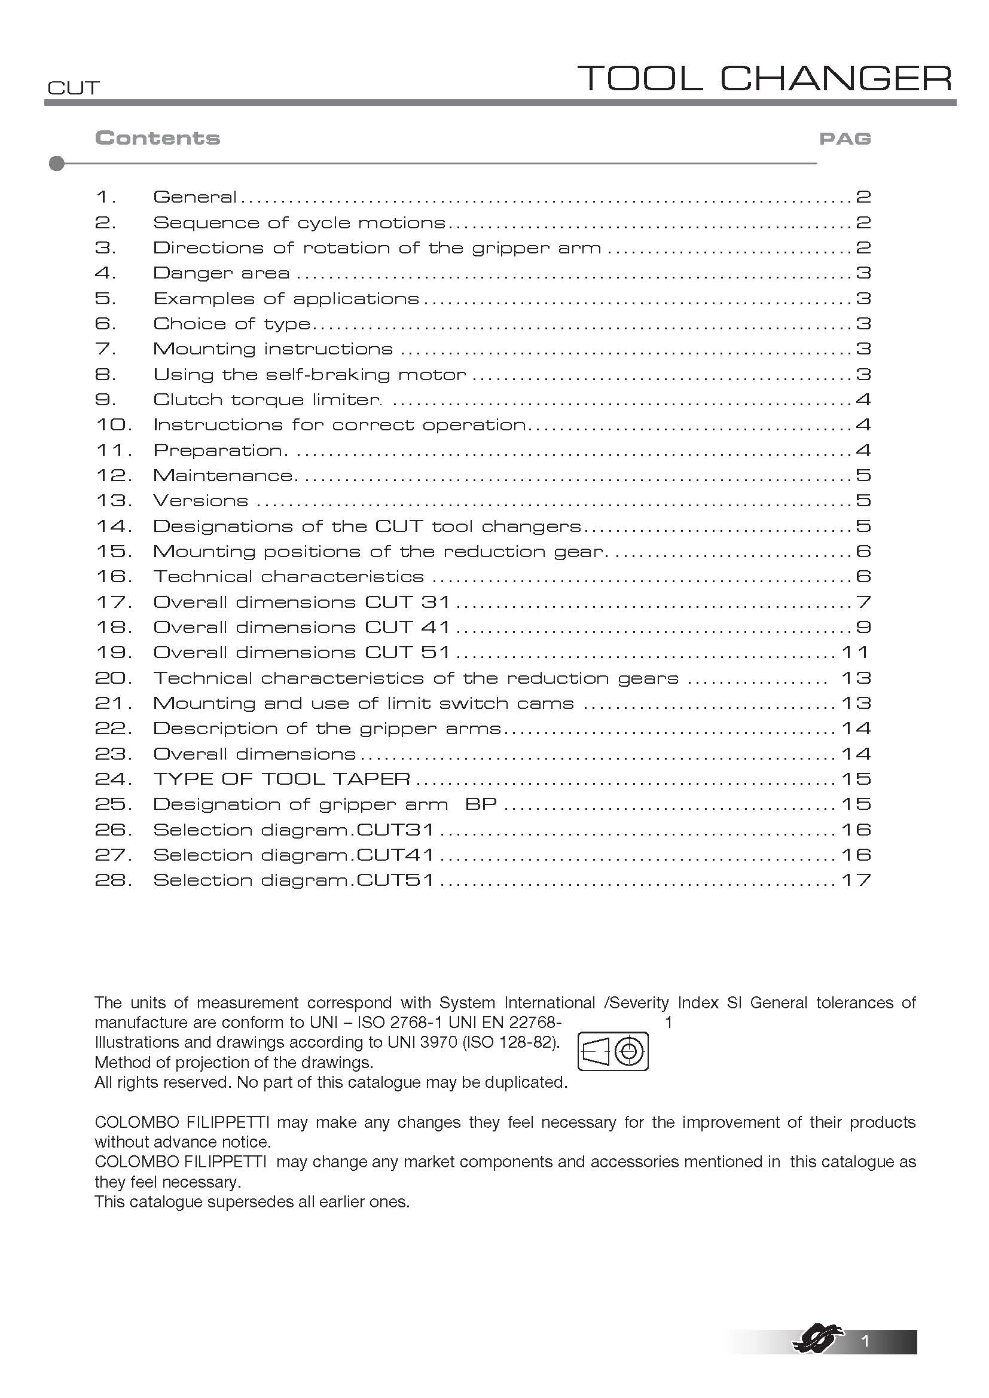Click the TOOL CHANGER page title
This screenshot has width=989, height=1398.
[x=764, y=78]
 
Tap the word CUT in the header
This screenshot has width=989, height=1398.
[x=73, y=88]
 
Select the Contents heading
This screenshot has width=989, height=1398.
[x=157, y=138]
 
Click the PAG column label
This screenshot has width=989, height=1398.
[x=845, y=139]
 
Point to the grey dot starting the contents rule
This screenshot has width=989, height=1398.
[x=57, y=164]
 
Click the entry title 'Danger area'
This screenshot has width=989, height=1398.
[x=221, y=273]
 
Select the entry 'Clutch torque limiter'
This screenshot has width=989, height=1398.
[x=267, y=400]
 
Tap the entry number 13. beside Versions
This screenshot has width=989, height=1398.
[x=113, y=500]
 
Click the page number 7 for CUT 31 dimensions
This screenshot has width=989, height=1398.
[x=863, y=602]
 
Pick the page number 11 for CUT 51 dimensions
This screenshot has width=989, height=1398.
[x=855, y=653]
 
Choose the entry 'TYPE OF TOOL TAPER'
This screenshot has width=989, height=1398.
[x=282, y=779]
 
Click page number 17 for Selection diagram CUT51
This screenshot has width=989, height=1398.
[x=856, y=880]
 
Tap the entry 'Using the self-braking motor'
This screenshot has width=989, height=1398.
[x=309, y=375]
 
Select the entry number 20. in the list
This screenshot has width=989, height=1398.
[x=113, y=678]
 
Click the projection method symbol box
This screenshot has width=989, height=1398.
[x=612, y=1051]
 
